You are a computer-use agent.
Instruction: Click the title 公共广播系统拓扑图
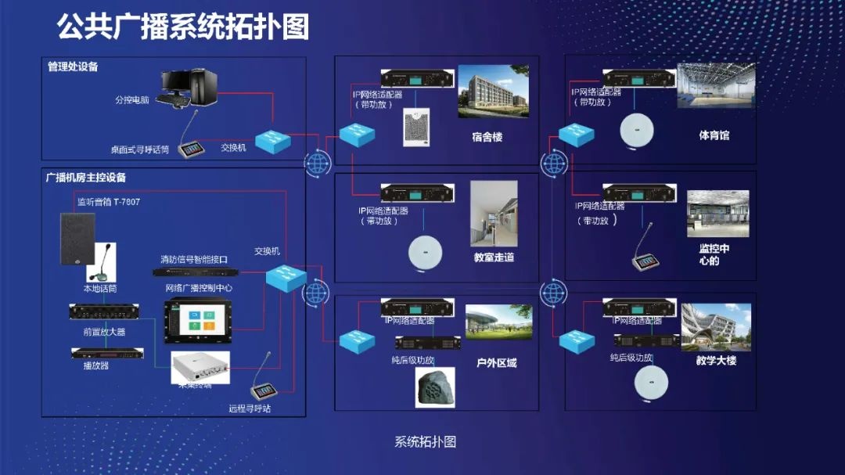pos(183,27)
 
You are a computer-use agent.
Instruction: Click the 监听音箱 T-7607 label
pos(109,202)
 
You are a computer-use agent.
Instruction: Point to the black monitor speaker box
pos(77,239)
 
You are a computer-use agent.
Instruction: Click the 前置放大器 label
pos(104,332)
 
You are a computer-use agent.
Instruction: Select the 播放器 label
pos(95,365)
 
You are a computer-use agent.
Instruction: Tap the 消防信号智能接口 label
pos(194,259)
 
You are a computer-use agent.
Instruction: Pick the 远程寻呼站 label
pos(250,408)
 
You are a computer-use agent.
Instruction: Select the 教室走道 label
pos(494,257)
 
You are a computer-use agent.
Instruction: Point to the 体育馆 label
pos(714,135)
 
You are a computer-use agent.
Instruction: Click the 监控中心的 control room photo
pos(717,213)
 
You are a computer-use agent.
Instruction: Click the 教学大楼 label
pos(716,361)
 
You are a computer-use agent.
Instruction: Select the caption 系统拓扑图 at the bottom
pos(425,441)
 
